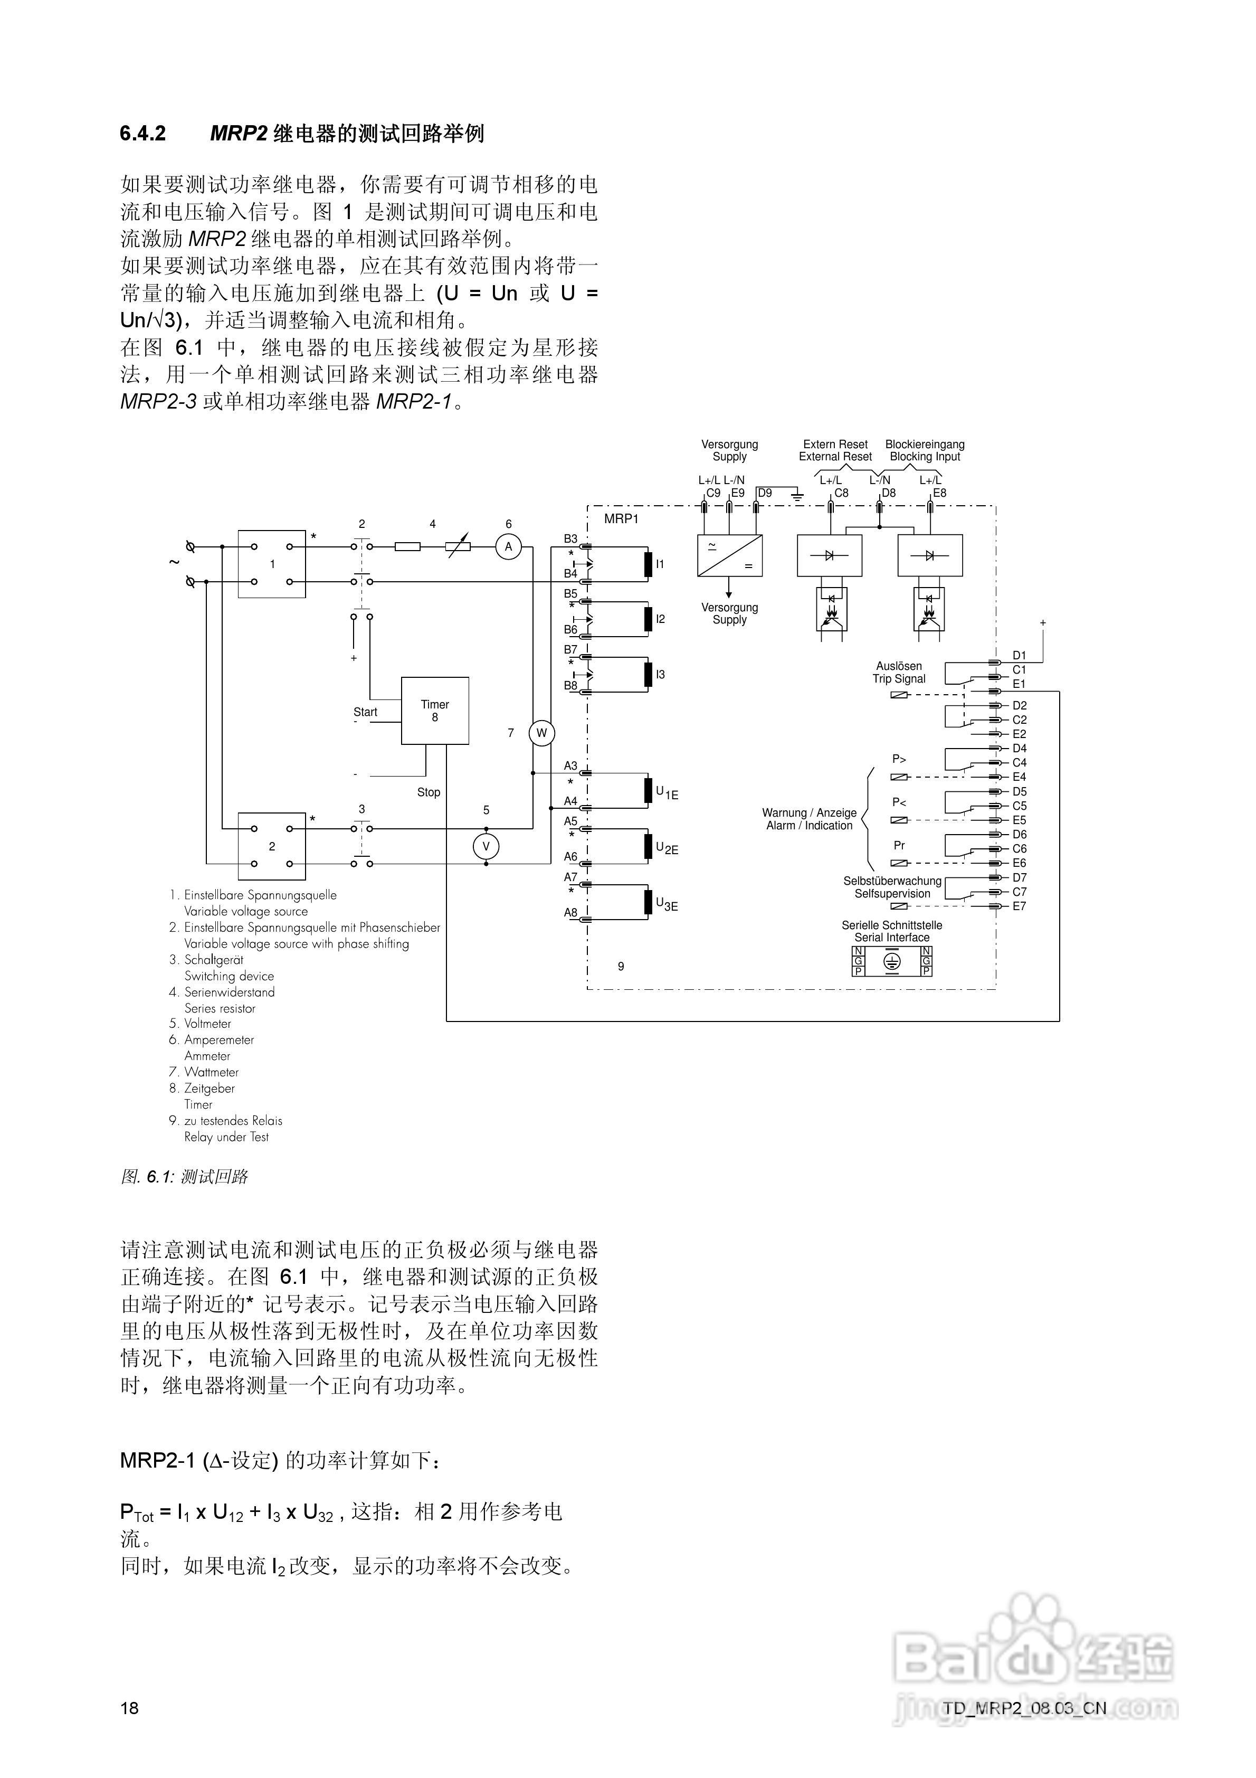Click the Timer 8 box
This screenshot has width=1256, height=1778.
pyautogui.click(x=434, y=710)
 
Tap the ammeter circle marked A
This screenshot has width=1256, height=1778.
pyautogui.click(x=508, y=547)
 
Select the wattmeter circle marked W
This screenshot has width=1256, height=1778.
pyautogui.click(x=541, y=733)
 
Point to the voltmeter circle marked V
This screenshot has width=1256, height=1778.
pyautogui.click(x=486, y=846)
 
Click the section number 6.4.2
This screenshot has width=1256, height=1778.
pyautogui.click(x=142, y=134)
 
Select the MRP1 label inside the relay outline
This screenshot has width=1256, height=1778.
pyautogui.click(x=621, y=519)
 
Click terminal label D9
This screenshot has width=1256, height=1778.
pyautogui.click(x=764, y=493)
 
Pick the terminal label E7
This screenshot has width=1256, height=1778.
pyautogui.click(x=1019, y=906)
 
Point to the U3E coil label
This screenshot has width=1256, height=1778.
pyautogui.click(x=666, y=904)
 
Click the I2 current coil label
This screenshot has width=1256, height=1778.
pyautogui.click(x=660, y=619)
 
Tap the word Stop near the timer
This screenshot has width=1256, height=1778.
pyautogui.click(x=428, y=792)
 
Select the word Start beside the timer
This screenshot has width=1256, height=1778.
pyautogui.click(x=365, y=712)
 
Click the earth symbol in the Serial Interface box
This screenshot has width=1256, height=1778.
pyautogui.click(x=892, y=961)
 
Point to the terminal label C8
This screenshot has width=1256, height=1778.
pyautogui.click(x=841, y=493)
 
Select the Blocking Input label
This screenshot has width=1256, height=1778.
pyautogui.click(x=925, y=457)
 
